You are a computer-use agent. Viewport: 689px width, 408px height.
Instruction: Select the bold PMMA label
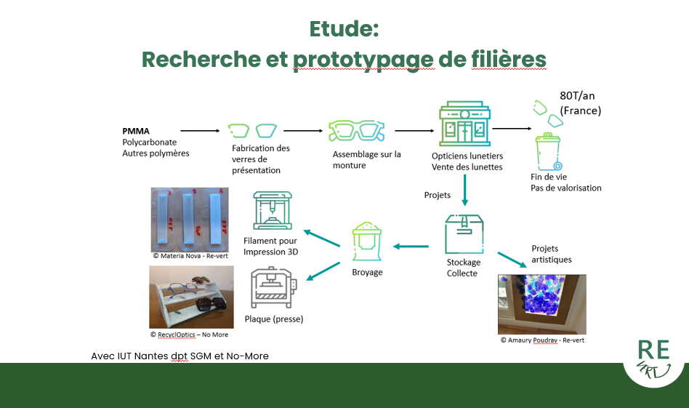(136, 132)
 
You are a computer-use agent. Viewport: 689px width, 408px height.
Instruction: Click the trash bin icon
(549, 151)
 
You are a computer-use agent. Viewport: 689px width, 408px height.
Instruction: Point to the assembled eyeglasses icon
(356, 131)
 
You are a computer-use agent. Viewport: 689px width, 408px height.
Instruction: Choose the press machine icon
(272, 288)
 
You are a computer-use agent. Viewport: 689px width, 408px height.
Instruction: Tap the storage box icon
(464, 233)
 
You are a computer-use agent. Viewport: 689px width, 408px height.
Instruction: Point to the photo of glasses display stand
(191, 297)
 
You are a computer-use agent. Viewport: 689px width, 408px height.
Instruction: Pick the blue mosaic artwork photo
(541, 303)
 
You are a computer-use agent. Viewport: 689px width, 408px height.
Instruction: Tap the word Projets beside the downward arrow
(438, 195)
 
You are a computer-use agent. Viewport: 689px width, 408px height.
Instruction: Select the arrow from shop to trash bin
(510, 129)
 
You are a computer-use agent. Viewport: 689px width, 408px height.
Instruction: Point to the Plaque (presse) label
(273, 319)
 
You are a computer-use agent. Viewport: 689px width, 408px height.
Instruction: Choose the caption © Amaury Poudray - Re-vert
(541, 340)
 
